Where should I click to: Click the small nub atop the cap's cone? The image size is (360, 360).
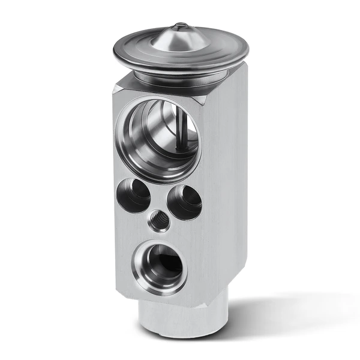(x=180, y=26)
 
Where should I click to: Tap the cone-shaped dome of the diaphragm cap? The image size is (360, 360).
(x=179, y=38)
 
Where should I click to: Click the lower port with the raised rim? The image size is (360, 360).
(x=160, y=266)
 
